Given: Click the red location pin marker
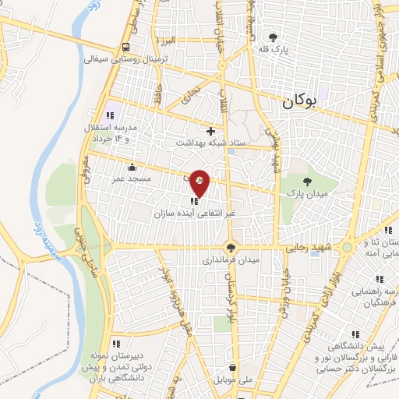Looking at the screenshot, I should tap(200, 182).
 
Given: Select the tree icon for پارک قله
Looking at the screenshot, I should tap(272, 37).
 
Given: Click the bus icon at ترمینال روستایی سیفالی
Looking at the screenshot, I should tap(125, 45).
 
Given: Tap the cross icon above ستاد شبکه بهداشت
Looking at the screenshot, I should tap(210, 131).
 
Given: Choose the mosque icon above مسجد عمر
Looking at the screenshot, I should tap(131, 167).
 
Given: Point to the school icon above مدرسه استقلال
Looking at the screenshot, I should tap(112, 115).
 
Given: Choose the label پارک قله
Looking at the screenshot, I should tap(273, 50).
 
